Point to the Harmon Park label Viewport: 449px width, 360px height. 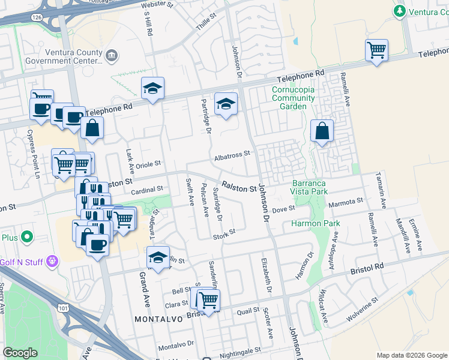(x=316, y=223)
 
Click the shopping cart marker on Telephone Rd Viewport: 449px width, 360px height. (x=376, y=50)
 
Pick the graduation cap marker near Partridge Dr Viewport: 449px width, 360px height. (x=226, y=104)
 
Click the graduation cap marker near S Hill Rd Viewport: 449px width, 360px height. (x=152, y=89)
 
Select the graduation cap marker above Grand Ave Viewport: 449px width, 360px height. (x=158, y=257)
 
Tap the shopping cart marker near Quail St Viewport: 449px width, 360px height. (x=208, y=301)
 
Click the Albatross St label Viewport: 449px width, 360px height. (x=231, y=156)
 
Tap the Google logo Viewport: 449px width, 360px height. (x=20, y=353)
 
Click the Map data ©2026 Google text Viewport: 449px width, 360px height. (x=412, y=355)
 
